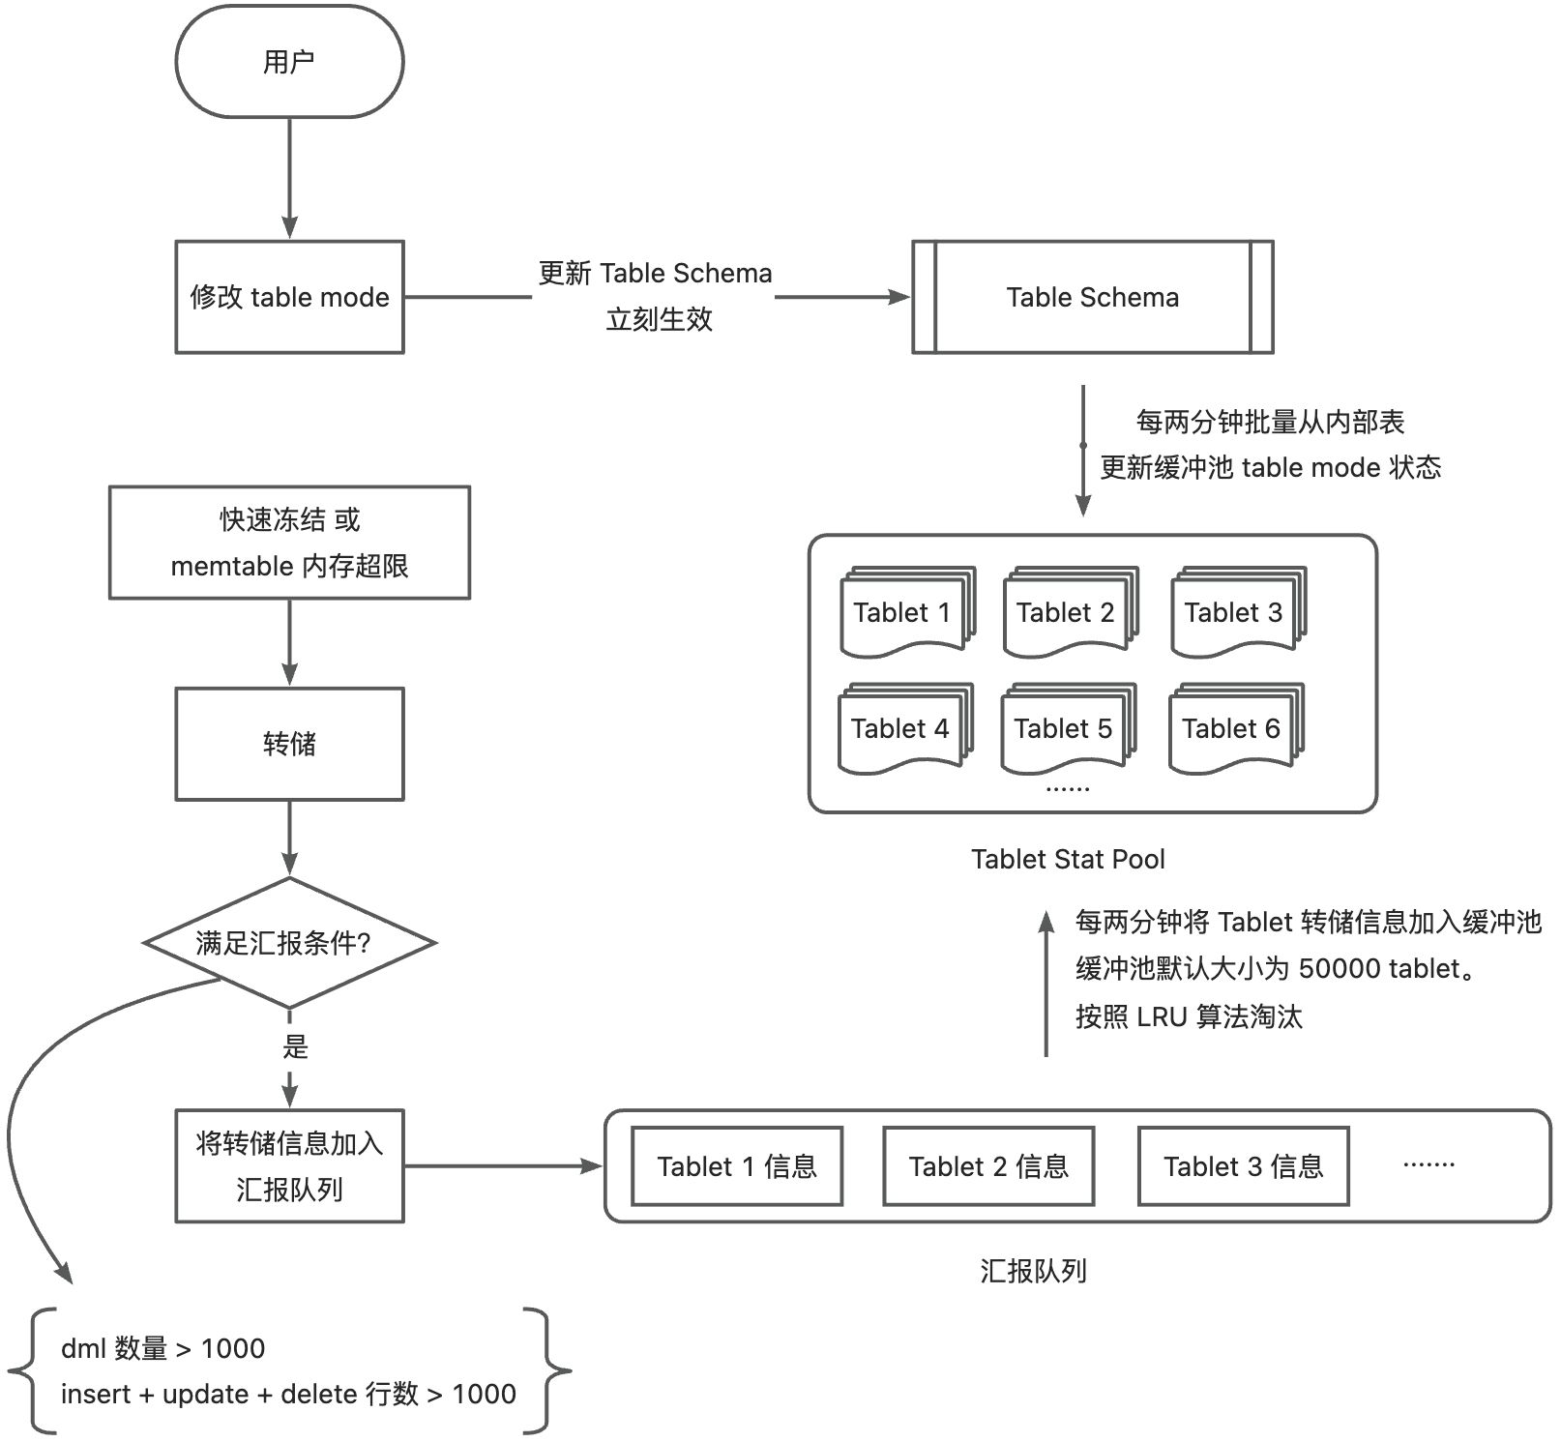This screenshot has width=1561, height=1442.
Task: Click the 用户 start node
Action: point(289,63)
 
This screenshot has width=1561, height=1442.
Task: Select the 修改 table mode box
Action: point(289,297)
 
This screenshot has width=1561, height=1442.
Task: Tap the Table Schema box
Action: point(1092,297)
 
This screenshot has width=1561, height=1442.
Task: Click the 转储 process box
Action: point(289,744)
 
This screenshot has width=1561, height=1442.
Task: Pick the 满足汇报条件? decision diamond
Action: point(289,943)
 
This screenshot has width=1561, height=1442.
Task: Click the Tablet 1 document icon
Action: point(904,612)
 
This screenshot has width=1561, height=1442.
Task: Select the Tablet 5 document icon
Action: point(1065,728)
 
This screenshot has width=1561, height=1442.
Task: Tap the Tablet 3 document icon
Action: point(1235,612)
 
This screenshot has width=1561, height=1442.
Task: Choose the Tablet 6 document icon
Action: point(1233,728)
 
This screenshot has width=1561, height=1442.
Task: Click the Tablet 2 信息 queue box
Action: point(988,1166)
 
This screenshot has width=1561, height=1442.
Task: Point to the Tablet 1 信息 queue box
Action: point(737,1166)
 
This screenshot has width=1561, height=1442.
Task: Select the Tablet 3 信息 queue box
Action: point(1243,1166)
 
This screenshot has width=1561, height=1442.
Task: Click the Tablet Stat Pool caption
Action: point(1068,859)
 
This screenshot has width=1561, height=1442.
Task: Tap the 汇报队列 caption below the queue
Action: point(1033,1271)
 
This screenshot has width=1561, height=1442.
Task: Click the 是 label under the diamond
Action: point(295,1046)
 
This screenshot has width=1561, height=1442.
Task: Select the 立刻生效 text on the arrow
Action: point(659,319)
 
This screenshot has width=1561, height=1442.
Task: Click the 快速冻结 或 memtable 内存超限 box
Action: point(289,543)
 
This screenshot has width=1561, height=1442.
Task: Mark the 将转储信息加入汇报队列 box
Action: point(289,1166)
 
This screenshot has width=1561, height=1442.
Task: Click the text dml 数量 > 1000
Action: point(162,1348)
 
